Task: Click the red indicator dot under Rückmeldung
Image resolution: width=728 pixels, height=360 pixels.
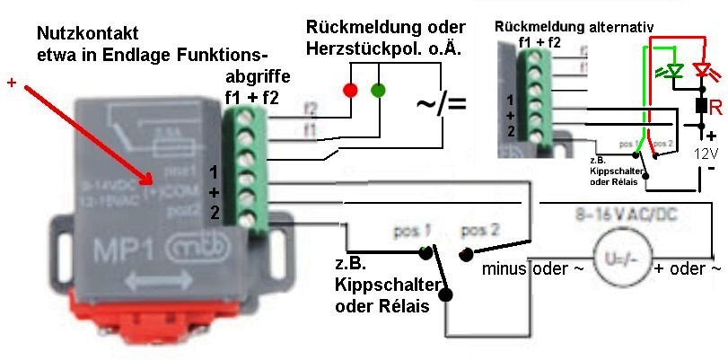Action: tap(349, 90)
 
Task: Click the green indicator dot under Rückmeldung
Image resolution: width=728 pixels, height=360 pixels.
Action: tap(378, 90)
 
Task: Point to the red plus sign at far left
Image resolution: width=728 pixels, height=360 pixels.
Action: tap(11, 84)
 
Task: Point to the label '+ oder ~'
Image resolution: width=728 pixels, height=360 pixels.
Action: tap(686, 268)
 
